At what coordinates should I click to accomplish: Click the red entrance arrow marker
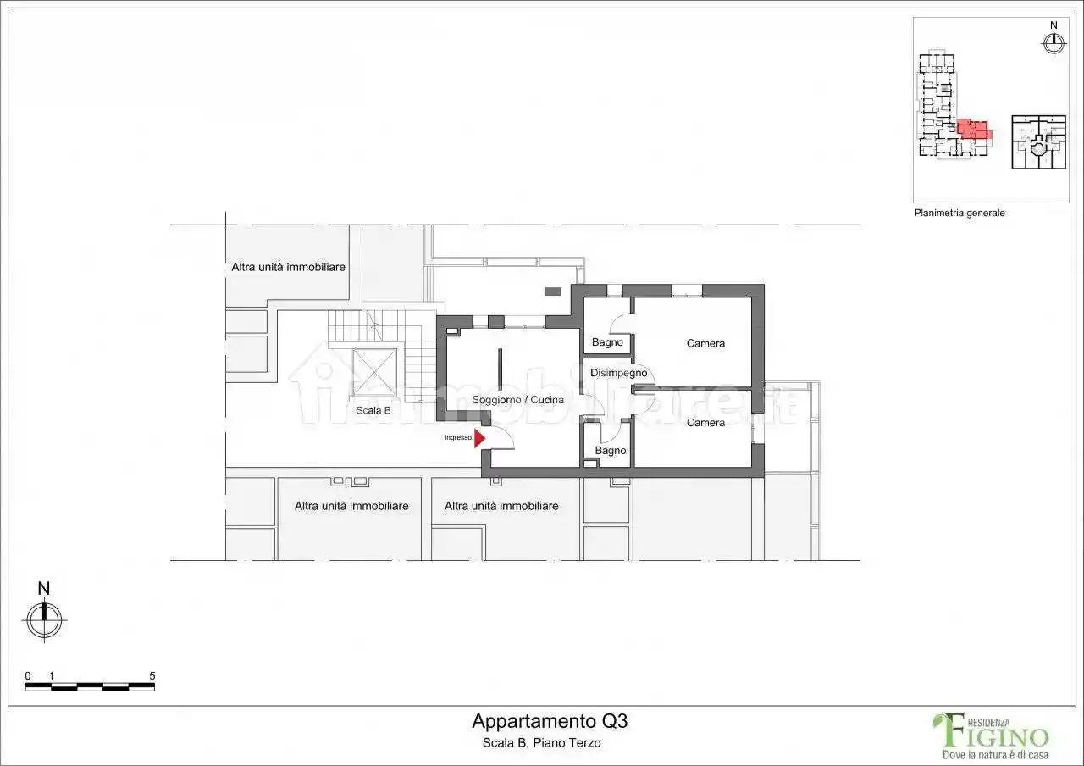coord(479,438)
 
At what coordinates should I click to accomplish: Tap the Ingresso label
coord(458,438)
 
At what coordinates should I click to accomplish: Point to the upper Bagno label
coord(607,342)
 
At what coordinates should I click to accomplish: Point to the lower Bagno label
coord(610,451)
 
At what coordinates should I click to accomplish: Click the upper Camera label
coord(705,343)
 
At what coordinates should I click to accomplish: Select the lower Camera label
coord(705,423)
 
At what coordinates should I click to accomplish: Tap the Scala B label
coord(373,410)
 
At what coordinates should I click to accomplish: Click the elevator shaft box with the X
coord(374,369)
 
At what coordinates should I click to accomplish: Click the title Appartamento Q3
coord(550,722)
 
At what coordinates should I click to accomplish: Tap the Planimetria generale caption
coord(960,213)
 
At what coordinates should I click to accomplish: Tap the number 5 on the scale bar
coord(152,675)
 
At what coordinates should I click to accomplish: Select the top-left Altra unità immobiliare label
coord(288,267)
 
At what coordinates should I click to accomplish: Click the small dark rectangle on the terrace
coord(553,291)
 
